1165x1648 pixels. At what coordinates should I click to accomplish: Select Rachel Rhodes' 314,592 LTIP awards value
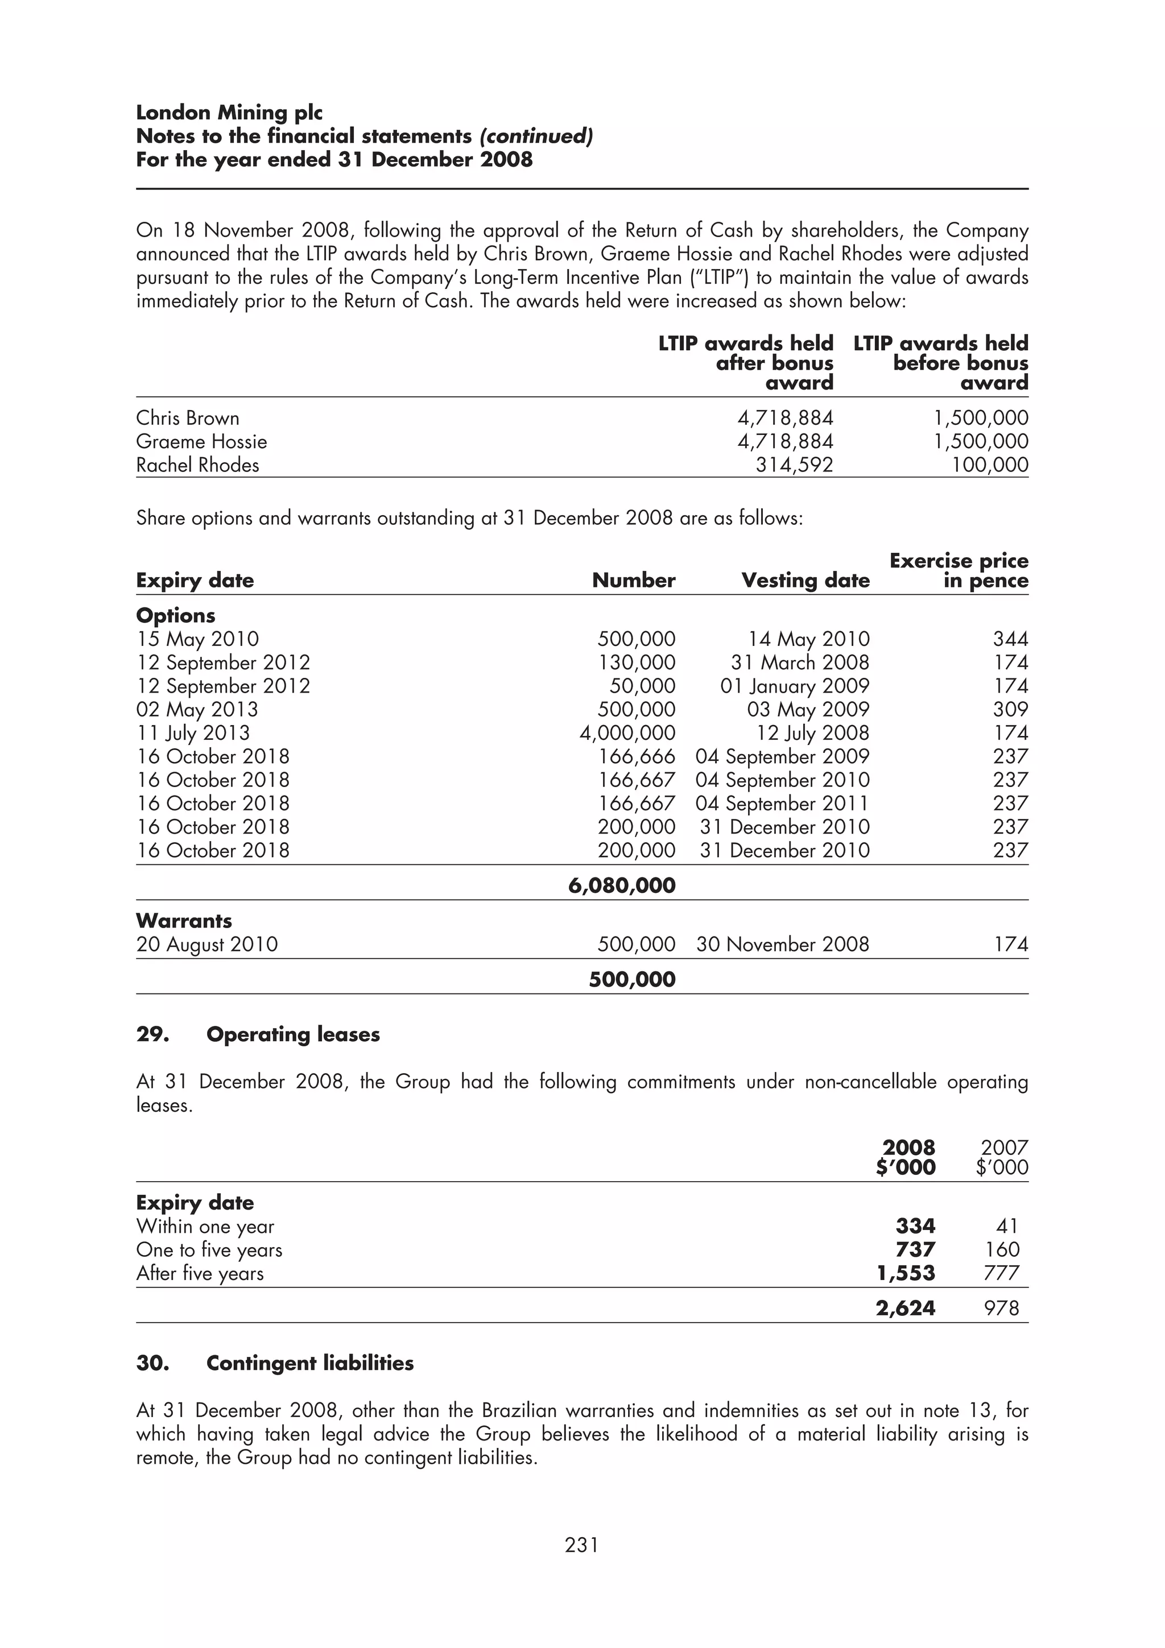coord(794,465)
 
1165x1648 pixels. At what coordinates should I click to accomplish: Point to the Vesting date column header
coord(805,580)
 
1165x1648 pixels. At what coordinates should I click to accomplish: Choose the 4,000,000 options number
coord(627,733)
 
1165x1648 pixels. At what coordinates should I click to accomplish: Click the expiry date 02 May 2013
coord(197,709)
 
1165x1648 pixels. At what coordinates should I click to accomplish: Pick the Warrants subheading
coord(184,920)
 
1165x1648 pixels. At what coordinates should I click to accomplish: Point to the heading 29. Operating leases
coord(258,1034)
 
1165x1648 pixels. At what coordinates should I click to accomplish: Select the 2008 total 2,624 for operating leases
coord(905,1308)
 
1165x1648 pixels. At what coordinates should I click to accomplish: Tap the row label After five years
coord(200,1273)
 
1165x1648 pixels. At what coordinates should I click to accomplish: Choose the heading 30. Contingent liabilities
coord(274,1363)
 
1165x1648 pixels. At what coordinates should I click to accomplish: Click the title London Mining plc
coord(229,113)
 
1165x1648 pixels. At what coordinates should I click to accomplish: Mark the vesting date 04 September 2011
coord(782,803)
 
